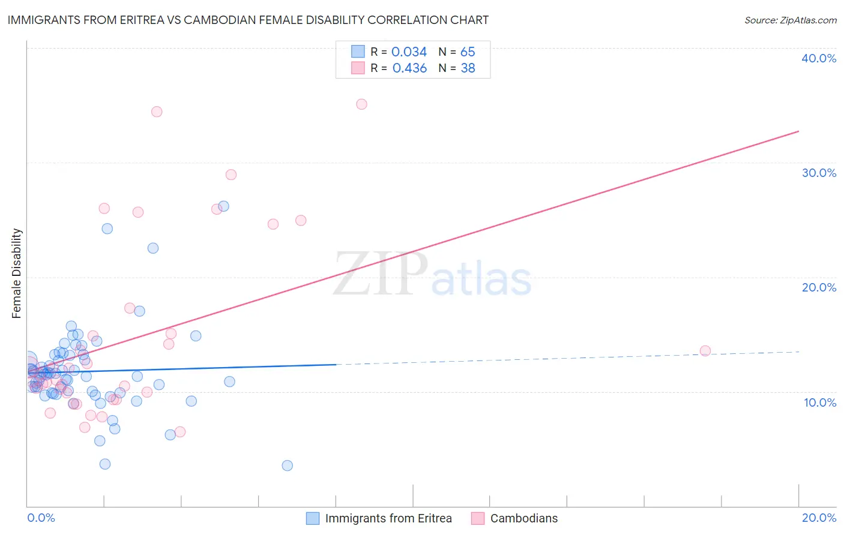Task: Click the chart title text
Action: tap(248, 20)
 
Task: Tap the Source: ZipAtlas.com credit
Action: tap(790, 20)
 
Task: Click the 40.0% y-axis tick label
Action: tap(818, 58)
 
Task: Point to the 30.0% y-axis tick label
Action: tap(818, 173)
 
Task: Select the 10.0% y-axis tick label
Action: tap(819, 402)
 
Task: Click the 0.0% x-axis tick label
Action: tap(41, 518)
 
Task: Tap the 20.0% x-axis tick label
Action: tap(819, 518)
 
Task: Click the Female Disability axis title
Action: tap(17, 273)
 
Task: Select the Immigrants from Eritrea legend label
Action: tap(388, 518)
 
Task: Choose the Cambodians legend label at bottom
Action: tap(523, 518)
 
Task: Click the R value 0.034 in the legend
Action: tap(409, 52)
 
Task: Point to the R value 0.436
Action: tap(409, 68)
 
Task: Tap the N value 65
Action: tap(468, 52)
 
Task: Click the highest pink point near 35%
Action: tap(361, 104)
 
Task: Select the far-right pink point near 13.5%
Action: tap(705, 351)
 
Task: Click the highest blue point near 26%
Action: tap(223, 206)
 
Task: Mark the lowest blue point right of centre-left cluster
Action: tap(288, 465)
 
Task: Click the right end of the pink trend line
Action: tap(798, 131)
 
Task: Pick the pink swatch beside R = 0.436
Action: tap(358, 68)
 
